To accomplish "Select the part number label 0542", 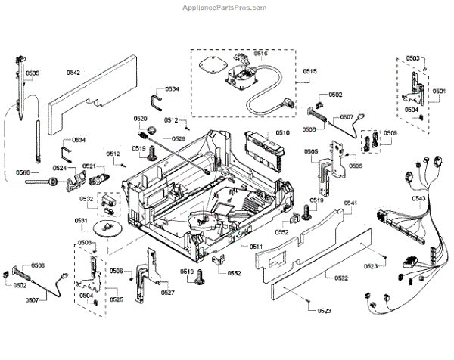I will coord(73,73).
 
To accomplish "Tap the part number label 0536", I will coord(33,73).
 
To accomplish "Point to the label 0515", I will coord(309,72).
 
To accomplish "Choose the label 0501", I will coord(439,91).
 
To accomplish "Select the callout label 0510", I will coord(282,132).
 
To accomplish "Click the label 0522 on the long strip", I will coord(341,279).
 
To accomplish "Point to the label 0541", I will coord(350,203).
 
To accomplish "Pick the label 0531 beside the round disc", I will coord(81,220).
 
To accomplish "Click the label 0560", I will coord(23,173).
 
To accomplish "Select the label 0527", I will coord(168,292).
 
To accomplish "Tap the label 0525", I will coord(116,299).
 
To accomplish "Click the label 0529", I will coord(179,139).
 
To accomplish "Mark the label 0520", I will coord(141,119).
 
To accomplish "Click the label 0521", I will coord(89,166).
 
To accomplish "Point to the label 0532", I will coord(86,199).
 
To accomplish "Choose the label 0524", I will coord(60,168).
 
